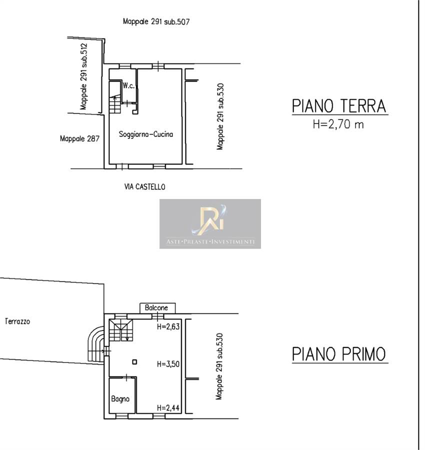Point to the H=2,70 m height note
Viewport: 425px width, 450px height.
tap(338, 124)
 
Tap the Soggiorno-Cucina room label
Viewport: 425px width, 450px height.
tap(146, 134)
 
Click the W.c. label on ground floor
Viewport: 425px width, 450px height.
tap(128, 85)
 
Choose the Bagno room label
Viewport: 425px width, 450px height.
tap(120, 399)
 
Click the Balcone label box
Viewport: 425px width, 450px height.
tap(157, 308)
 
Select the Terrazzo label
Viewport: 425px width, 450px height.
tap(17, 321)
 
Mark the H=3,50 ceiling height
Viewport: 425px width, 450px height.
tap(168, 364)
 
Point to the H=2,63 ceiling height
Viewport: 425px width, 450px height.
tap(168, 326)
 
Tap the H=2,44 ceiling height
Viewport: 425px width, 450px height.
tap(168, 407)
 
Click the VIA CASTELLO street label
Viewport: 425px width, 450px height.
tap(144, 187)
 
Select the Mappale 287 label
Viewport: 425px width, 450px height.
tap(80, 139)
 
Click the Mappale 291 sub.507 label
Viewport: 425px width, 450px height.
tap(156, 21)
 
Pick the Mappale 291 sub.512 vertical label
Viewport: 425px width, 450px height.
tap(83, 76)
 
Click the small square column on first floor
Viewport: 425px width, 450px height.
tap(134, 362)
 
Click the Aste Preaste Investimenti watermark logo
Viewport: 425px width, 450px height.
tap(210, 224)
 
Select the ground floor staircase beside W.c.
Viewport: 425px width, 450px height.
tap(115, 97)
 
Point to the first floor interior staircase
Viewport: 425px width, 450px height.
tap(121, 330)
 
